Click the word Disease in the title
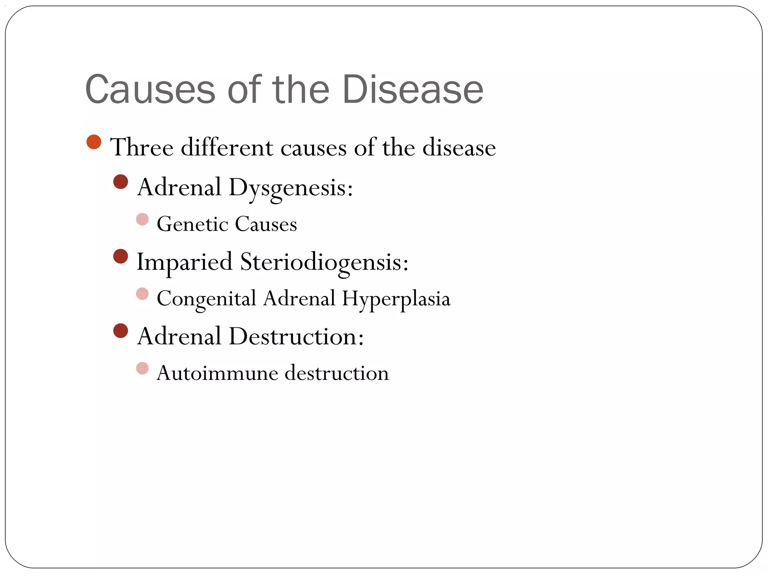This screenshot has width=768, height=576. tap(412, 89)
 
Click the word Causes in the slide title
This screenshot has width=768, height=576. tap(150, 89)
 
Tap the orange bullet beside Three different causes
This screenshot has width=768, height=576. tap(94, 142)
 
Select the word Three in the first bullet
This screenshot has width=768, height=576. tap(142, 147)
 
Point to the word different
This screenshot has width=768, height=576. tap(227, 147)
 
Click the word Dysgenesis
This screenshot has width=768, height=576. tap(291, 187)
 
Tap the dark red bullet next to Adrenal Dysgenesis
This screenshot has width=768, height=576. tap(120, 182)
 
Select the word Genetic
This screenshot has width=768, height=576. tap(192, 224)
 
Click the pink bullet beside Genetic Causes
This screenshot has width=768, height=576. tap(142, 219)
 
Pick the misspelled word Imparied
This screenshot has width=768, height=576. tap(184, 261)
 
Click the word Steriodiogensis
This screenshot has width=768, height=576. tap(324, 261)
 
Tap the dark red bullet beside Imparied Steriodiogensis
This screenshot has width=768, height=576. tap(120, 256)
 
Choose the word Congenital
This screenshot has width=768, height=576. tap(206, 298)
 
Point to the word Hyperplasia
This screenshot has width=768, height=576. tap(396, 298)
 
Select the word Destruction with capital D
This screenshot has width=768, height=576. tap(296, 336)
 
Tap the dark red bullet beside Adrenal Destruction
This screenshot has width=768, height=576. tap(120, 331)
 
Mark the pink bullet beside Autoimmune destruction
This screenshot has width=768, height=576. tap(142, 368)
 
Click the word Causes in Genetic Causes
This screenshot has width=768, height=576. tap(266, 224)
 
